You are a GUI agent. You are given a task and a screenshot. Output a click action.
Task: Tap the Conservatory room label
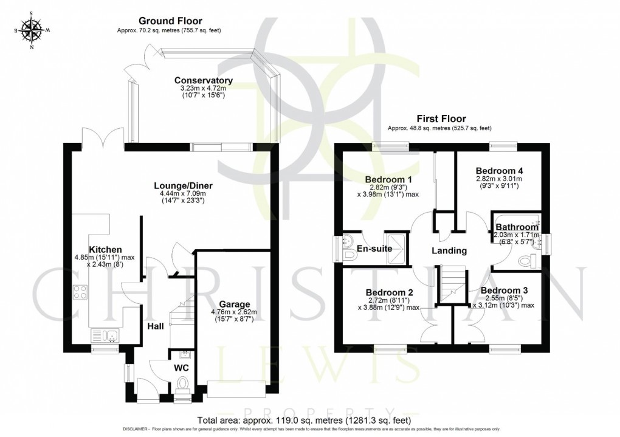coord(204,80)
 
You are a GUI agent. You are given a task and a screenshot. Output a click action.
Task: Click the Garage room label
coord(235,305)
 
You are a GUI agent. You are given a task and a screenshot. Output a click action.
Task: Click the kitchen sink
coord(105,335)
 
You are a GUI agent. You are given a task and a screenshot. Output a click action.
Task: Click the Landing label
coord(449,250)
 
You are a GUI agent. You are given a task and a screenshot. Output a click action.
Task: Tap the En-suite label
coord(373,249)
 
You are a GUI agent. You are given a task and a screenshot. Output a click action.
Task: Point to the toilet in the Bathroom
coord(528,261)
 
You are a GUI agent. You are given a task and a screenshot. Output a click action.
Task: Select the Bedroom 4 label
coord(499,171)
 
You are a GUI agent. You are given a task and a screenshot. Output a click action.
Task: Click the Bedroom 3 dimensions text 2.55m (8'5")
coord(502,298)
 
